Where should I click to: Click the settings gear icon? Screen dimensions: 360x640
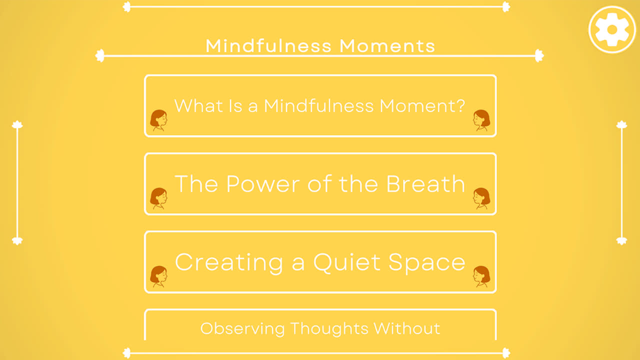[611, 29]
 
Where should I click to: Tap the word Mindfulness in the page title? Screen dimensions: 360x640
[269, 46]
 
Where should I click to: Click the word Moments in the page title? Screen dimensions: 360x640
[387, 46]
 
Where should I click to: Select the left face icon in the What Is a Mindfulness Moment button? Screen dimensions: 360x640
[158, 120]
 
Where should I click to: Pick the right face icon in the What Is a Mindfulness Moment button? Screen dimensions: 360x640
[481, 120]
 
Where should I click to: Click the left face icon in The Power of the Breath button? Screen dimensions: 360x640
[158, 198]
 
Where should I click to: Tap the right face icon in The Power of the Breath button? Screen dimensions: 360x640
[481, 198]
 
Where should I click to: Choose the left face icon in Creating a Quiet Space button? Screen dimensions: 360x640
[158, 276]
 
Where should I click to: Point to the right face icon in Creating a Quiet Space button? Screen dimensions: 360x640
[481, 276]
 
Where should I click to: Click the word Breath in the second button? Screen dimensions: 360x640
[425, 184]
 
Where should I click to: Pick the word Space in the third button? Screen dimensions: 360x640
[427, 262]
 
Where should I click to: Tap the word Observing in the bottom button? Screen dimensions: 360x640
[242, 328]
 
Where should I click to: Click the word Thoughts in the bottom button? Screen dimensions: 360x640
[328, 328]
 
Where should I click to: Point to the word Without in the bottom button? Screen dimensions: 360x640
[407, 328]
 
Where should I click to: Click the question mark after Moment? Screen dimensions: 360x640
[461, 106]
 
